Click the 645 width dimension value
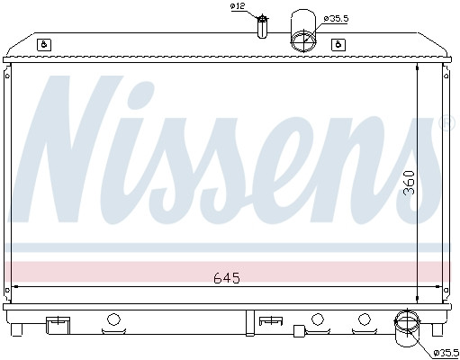(x=226, y=277)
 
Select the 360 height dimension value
(x=409, y=184)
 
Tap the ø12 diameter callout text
(x=238, y=6)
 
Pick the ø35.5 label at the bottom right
(x=445, y=353)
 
